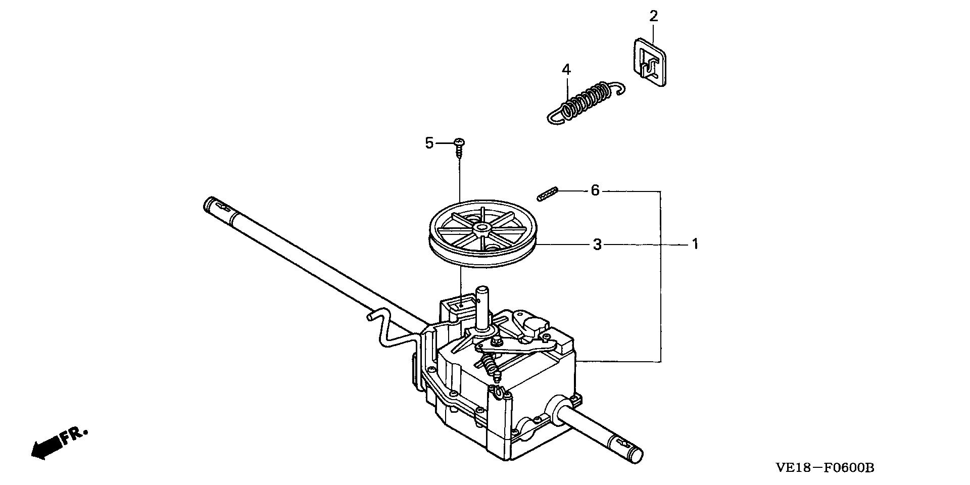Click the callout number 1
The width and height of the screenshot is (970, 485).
pos(695,245)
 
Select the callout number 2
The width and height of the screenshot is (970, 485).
pos(654,16)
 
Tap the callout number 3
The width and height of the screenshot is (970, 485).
pos(597,245)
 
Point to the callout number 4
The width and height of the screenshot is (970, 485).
pos(566,69)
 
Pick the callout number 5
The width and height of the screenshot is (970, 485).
pos(429,143)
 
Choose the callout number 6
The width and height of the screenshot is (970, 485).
pos(595,191)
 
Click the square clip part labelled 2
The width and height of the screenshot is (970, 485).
pos(648,63)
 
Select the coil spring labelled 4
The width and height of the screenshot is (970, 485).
pos(586,102)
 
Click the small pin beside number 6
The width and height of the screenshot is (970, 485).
pos(547,193)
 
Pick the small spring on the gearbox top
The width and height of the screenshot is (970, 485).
pos(489,365)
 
